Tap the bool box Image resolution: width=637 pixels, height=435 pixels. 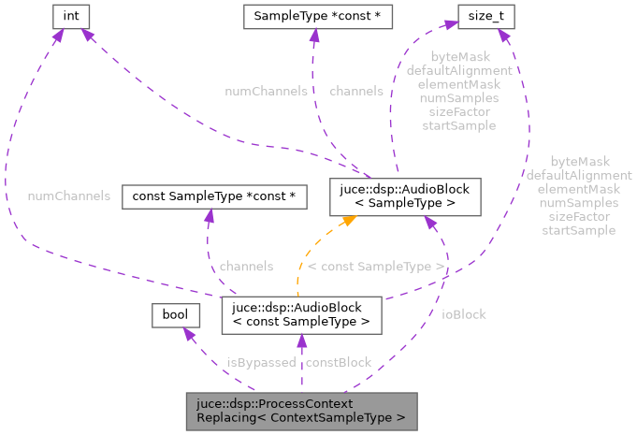coord(175,315)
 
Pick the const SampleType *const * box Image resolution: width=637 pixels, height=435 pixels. coord(213,196)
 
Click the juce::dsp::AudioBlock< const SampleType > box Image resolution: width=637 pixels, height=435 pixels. coord(300,315)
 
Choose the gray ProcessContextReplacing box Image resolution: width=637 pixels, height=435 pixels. coord(300,411)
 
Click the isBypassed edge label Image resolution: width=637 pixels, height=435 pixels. coord(261,362)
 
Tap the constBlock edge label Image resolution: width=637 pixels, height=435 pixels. coord(338,362)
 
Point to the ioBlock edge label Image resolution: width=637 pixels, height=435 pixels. coord(463,314)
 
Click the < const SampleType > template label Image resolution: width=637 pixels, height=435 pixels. coord(376,267)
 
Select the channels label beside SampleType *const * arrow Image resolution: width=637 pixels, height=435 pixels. coord(355,92)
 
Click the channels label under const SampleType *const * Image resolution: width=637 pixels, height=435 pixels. coord(246,267)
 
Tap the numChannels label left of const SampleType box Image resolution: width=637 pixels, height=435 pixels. coord(69,196)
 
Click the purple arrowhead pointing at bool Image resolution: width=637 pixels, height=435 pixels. coord(188,335)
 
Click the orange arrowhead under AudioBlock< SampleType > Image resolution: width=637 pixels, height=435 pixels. coord(345,222)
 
